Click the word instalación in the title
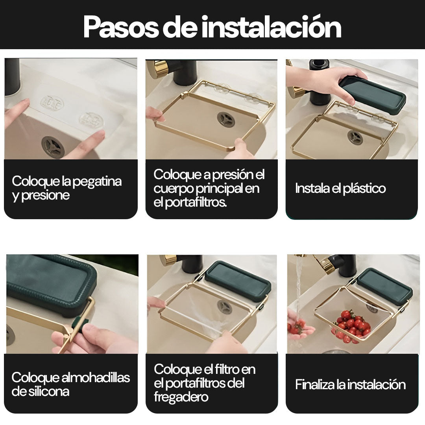271,27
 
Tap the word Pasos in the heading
121,27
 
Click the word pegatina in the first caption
97,182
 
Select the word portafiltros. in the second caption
196,202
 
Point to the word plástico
364,188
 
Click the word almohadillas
96,377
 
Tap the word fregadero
181,397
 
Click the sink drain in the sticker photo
53,147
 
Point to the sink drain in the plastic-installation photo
355,138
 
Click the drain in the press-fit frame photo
226,120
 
